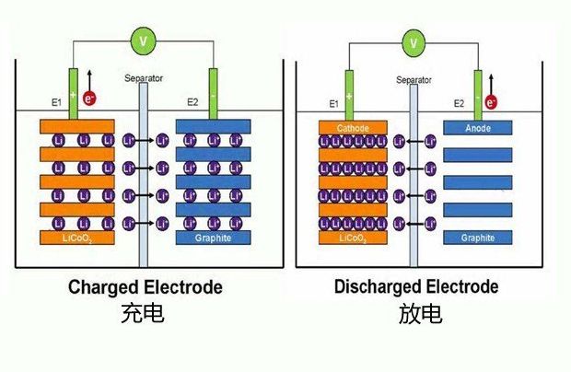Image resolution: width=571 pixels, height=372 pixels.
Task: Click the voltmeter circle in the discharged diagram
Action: [x=414, y=42]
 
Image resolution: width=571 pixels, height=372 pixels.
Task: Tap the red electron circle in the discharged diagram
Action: [x=491, y=100]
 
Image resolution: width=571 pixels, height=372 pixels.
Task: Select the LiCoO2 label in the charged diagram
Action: [x=76, y=238]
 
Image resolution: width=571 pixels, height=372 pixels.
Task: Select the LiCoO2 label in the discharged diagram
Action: [x=352, y=238]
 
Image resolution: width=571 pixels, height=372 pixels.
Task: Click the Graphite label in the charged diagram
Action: [x=213, y=238]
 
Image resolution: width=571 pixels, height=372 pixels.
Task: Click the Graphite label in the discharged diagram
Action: [x=478, y=238]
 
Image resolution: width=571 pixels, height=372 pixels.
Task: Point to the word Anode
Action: [x=478, y=128]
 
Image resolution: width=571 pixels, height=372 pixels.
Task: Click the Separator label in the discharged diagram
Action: [x=414, y=80]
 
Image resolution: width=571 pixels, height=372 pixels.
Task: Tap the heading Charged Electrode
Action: [x=146, y=287]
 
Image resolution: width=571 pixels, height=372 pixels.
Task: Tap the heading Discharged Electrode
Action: [x=416, y=287]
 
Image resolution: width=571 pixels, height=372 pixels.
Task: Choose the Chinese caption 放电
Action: [x=420, y=315]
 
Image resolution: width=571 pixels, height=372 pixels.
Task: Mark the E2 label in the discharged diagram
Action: [x=458, y=104]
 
